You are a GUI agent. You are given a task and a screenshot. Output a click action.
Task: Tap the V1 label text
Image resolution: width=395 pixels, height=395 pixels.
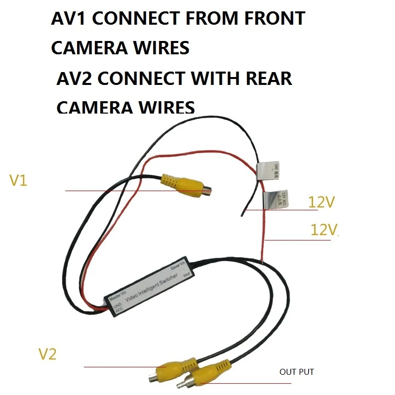pos(18,181)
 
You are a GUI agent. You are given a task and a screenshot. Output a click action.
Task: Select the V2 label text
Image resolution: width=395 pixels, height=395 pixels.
pos(47,354)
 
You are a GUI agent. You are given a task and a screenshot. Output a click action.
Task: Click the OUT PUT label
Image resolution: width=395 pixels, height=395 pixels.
pos(297,372)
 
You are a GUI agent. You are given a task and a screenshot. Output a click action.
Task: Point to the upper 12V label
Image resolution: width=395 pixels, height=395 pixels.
pos(321,202)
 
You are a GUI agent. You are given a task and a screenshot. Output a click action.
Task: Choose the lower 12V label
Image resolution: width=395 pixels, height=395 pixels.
pos(324,230)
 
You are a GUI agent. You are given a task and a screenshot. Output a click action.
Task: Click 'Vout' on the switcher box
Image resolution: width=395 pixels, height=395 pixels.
pos(186,274)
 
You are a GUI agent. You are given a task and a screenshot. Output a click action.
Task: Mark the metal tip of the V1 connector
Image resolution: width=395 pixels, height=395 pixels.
pos(209,190)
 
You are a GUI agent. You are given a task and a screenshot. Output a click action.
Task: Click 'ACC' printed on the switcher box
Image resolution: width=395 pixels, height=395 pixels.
pos(119,310)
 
